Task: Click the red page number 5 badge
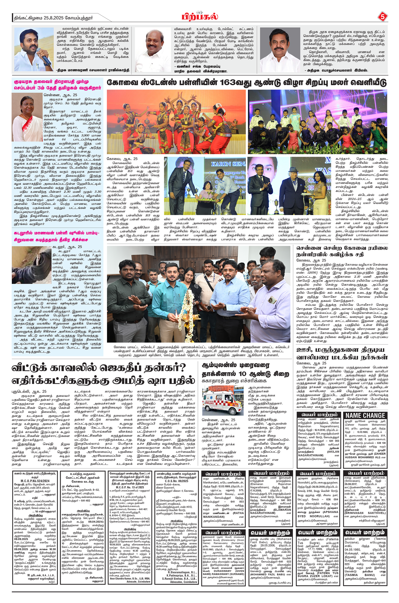tap(382, 17)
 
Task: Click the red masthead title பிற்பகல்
tap(200, 17)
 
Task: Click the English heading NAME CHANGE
tap(365, 415)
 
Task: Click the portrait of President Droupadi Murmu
tap(27, 119)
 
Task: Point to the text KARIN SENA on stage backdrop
tap(228, 164)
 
